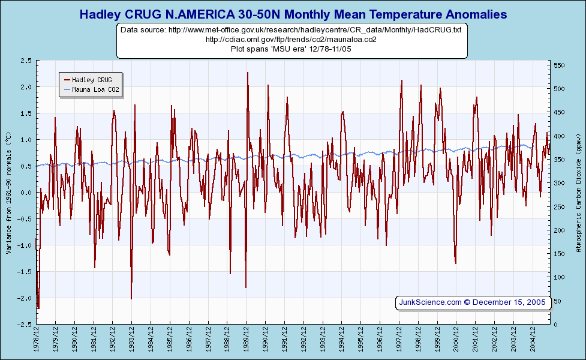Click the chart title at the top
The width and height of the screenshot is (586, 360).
point(293,14)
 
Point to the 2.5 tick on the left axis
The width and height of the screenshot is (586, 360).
point(26,61)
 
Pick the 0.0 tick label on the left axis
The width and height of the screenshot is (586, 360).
point(26,193)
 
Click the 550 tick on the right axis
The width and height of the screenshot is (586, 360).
point(559,65)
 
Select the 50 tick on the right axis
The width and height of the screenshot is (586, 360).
point(557,301)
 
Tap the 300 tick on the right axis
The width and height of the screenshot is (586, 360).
point(559,183)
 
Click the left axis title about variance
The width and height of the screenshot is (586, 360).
point(9,193)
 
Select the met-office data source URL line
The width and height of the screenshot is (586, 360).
point(291,29)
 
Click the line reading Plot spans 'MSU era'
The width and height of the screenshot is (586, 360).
point(291,49)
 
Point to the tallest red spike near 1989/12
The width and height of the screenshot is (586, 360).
point(247,73)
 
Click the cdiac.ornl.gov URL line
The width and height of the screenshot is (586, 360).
point(291,40)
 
